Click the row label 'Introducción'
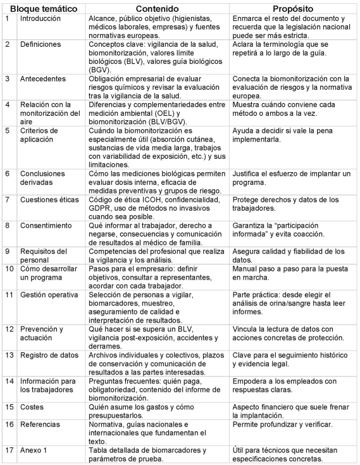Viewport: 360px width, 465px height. [39, 20]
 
